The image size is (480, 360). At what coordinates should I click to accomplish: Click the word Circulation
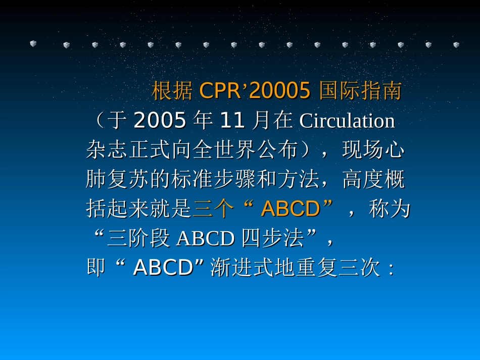point(347,121)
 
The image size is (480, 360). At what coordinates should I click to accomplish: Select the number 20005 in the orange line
point(279,91)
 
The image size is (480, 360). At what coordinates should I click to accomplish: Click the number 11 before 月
point(232,121)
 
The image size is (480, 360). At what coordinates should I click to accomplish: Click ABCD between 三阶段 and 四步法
point(207,239)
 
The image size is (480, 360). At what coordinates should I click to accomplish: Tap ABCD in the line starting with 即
point(163,268)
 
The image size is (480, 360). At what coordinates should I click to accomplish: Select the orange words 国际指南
point(360,91)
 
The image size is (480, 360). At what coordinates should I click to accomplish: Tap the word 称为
point(390,209)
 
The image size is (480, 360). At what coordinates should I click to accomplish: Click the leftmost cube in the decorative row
point(33,44)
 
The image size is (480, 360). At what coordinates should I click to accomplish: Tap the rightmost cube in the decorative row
point(456,45)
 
